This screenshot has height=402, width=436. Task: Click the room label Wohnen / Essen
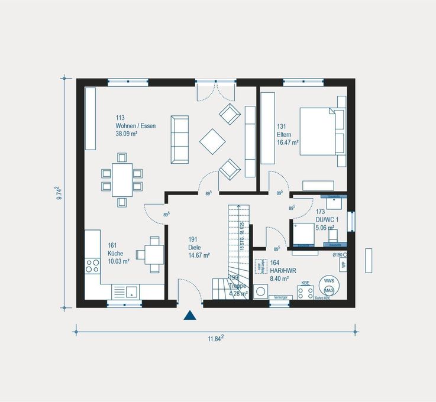coord(135,126)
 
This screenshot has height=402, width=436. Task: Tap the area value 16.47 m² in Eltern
coord(288,142)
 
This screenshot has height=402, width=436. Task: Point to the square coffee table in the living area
coord(212,141)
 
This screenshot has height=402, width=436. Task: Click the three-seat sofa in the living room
coord(180,140)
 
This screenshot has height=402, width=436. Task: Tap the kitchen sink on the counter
coord(125,291)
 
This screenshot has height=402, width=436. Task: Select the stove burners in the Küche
coord(92,265)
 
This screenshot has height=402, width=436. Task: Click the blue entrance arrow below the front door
coord(189,315)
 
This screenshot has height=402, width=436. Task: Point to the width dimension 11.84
coord(215,338)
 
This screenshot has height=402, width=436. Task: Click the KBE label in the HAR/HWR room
coord(305,283)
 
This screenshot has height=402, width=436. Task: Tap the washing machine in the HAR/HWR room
coord(260,293)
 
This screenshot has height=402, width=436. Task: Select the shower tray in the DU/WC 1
coord(303,234)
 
